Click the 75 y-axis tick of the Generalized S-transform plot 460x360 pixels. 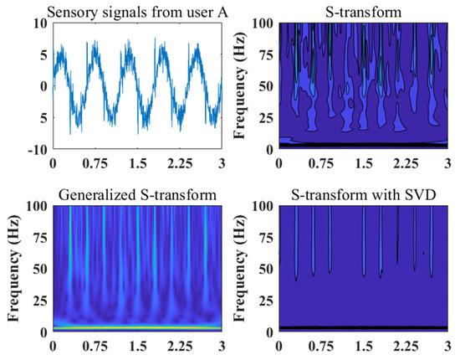click(41, 237)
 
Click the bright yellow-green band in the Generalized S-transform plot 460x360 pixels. click(134, 327)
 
